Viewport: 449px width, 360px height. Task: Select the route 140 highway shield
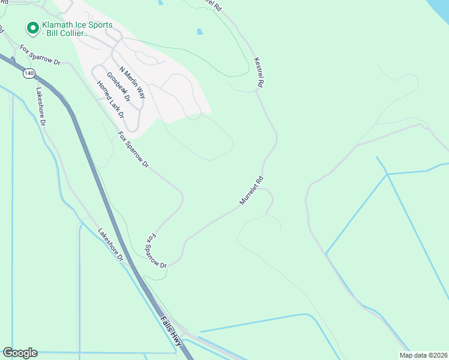point(29,73)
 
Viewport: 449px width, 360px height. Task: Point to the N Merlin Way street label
point(132,82)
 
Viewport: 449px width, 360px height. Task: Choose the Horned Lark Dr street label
point(110,98)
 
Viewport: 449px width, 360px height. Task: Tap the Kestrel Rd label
point(259,73)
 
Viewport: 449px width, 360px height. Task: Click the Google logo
point(20,353)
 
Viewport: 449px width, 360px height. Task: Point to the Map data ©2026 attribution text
point(423,355)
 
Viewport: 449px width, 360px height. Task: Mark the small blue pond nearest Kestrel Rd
point(200,31)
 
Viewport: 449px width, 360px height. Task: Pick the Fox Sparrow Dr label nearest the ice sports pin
point(41,55)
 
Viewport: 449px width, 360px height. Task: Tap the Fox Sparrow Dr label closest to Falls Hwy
point(154,251)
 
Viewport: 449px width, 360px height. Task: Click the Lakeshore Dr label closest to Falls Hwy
point(110,245)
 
